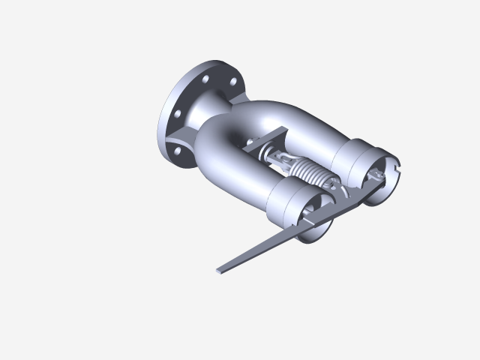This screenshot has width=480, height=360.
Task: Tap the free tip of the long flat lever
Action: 220,269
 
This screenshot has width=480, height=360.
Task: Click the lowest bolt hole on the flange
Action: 178,151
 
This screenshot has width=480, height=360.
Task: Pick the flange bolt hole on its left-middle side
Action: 178,113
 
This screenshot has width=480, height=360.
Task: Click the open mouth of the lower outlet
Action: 315,225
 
